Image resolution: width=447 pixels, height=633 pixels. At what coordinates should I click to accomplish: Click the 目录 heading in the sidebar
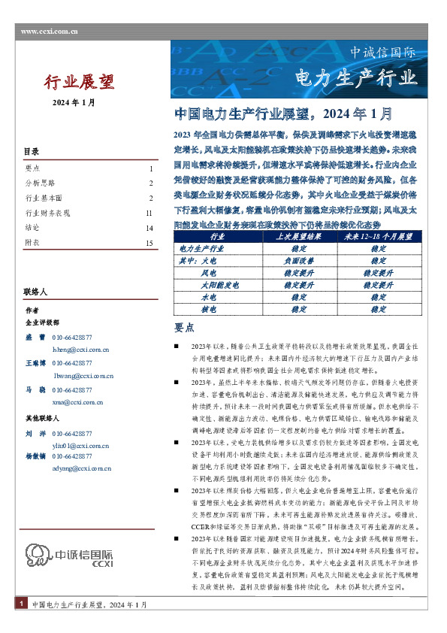(32, 152)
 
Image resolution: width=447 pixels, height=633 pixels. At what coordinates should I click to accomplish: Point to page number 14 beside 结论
(150, 228)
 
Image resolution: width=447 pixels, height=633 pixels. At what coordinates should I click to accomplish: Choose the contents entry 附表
(32, 243)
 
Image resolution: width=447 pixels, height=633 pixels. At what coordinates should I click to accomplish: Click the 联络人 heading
(35, 291)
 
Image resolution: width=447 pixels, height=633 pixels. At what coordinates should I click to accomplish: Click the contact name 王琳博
(35, 363)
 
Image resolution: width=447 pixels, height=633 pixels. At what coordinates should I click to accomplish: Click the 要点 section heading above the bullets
(184, 328)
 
